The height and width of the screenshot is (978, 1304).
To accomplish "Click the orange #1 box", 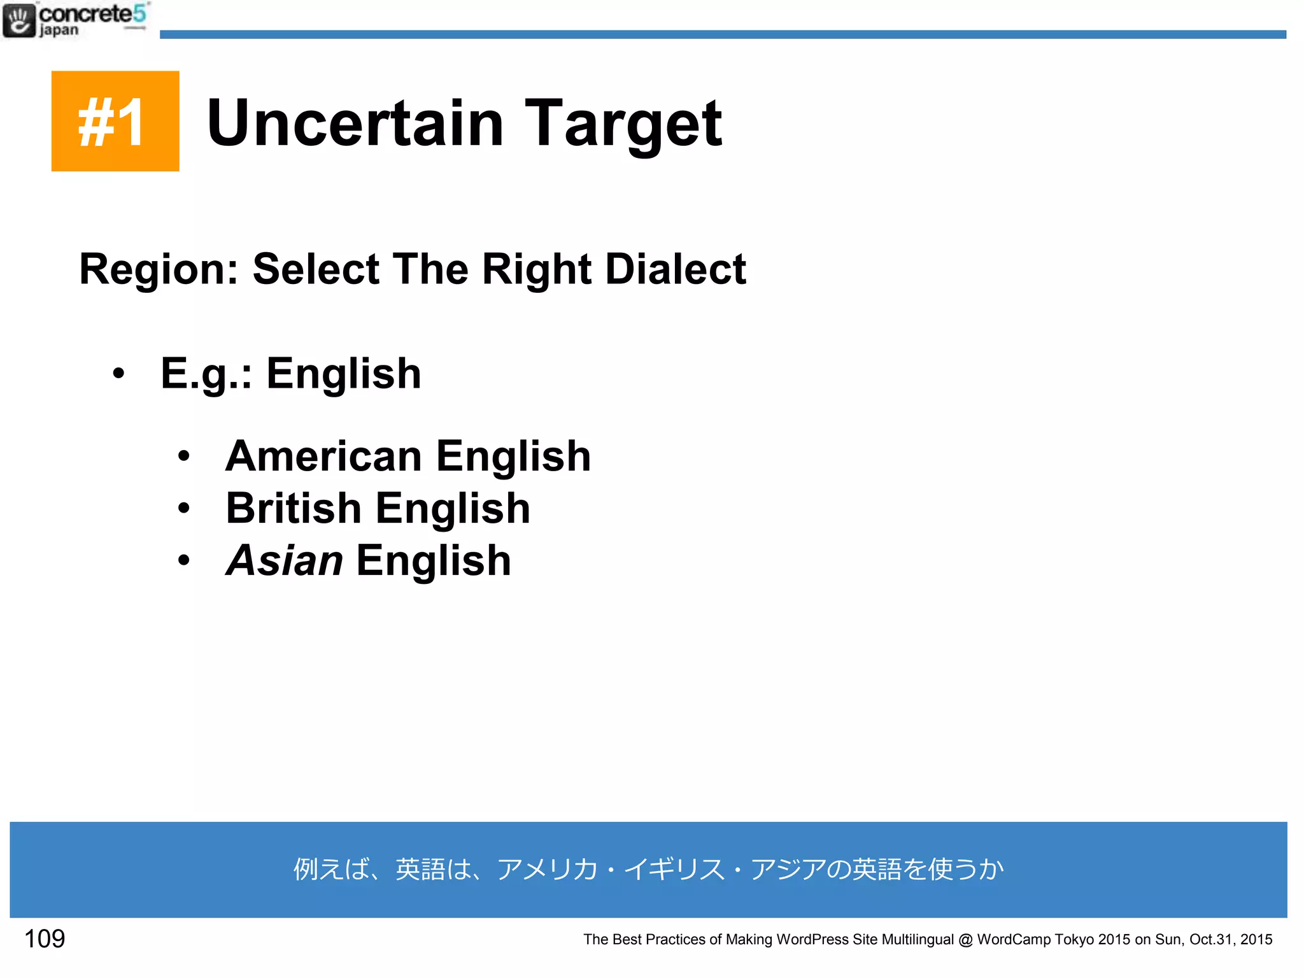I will pyautogui.click(x=115, y=121).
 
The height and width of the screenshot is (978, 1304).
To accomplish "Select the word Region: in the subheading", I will pyautogui.click(x=159, y=270).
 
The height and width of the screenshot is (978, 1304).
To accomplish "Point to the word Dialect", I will pyautogui.click(x=675, y=269).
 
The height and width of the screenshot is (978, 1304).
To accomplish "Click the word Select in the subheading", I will pyautogui.click(x=316, y=269).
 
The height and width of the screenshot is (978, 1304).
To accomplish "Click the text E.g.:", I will pyautogui.click(x=206, y=374).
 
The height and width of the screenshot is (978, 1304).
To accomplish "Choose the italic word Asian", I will pyautogui.click(x=285, y=561).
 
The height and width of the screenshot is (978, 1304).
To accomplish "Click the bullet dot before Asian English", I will pyautogui.click(x=184, y=561).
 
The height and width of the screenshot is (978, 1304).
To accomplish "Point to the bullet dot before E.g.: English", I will pyautogui.click(x=118, y=374).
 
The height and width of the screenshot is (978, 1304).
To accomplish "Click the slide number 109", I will pyautogui.click(x=45, y=939).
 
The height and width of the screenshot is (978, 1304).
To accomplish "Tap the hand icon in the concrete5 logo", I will pyautogui.click(x=18, y=20).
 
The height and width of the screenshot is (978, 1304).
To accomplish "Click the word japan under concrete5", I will pyautogui.click(x=59, y=30).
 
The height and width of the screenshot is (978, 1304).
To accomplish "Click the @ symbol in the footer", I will pyautogui.click(x=965, y=940).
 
